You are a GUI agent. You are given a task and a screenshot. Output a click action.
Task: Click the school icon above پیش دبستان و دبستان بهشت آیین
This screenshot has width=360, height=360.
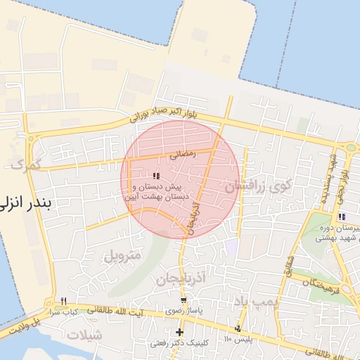click(156, 176)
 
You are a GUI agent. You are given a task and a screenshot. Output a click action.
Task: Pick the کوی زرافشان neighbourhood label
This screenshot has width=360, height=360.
click(257, 187)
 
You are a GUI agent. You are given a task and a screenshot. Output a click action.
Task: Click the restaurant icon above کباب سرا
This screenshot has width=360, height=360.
click(63, 301)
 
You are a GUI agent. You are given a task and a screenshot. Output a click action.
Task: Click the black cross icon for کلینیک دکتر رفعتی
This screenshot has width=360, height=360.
click(180, 332)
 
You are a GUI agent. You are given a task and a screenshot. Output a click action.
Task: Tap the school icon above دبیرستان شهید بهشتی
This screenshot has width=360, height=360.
click(342, 216)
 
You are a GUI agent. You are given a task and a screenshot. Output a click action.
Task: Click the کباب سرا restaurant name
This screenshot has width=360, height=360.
click(63, 311)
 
